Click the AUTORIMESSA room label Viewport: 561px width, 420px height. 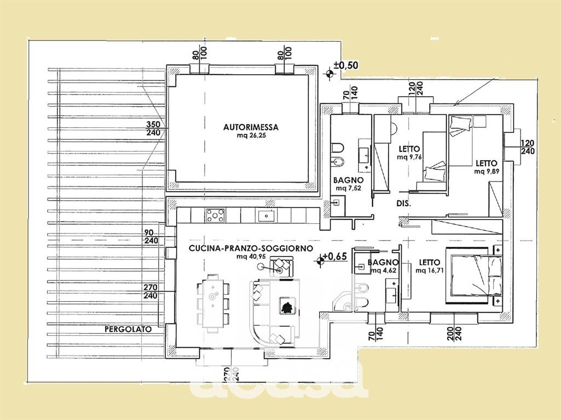(x=251, y=127)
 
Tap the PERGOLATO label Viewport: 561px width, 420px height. (x=128, y=329)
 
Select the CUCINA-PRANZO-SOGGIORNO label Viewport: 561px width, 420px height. (x=251, y=248)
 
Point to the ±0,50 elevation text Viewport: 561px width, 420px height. (x=346, y=65)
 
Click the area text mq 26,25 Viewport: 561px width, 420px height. (x=251, y=136)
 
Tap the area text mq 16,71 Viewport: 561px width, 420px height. (x=429, y=271)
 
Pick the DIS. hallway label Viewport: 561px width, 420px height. (x=403, y=204)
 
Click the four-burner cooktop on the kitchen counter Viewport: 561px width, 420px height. (x=216, y=215)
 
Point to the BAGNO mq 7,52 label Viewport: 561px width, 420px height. (x=348, y=184)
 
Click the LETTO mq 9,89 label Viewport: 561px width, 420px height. (x=487, y=167)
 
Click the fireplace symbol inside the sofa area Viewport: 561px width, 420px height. (x=287, y=306)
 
